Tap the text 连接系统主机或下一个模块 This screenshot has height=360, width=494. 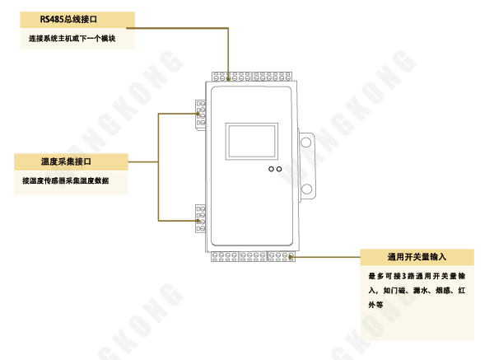[x=72, y=39]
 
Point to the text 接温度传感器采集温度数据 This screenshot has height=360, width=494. [x=65, y=180]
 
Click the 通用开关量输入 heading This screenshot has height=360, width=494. [x=417, y=257]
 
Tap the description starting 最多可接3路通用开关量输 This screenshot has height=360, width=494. [x=417, y=276]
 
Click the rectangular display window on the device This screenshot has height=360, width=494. [x=252, y=142]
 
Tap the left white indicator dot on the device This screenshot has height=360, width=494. [x=271, y=169]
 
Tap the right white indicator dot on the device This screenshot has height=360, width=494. [x=279, y=169]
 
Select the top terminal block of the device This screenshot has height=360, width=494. [x=252, y=77]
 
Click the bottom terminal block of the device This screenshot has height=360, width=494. [x=252, y=256]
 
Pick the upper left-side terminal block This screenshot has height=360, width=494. [x=200, y=114]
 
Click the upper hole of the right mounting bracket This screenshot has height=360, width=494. [x=306, y=143]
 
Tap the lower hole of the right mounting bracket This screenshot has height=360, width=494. [x=306, y=190]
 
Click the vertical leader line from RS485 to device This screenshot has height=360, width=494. [x=228, y=63]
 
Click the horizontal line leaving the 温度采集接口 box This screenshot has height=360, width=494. [x=143, y=161]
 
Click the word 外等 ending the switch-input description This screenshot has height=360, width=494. [x=375, y=305]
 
